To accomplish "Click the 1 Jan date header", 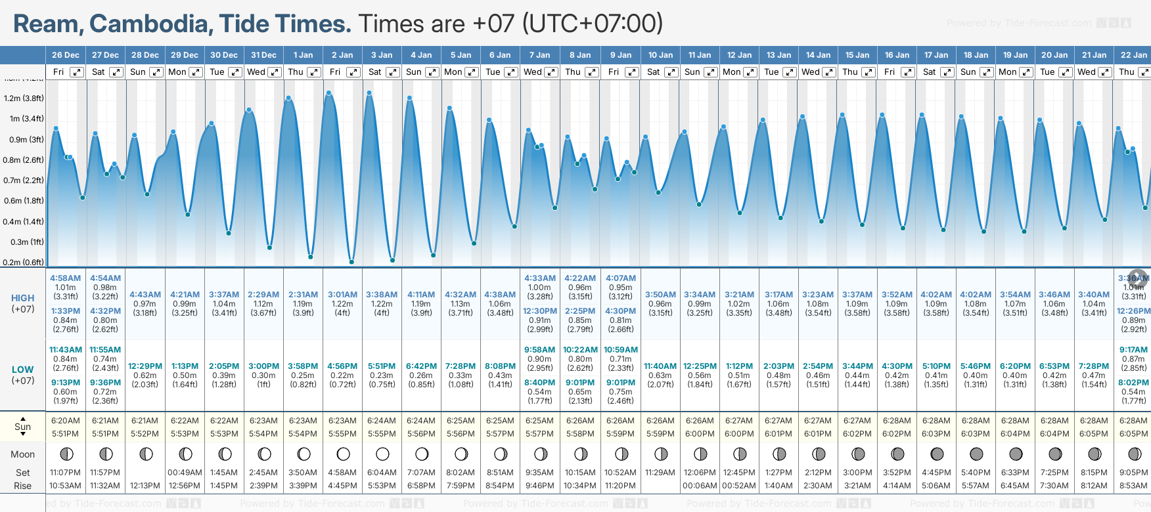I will (303, 55).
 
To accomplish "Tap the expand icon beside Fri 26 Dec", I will (77, 72).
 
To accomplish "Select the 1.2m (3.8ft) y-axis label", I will (24, 98).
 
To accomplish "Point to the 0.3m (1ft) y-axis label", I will (24, 242).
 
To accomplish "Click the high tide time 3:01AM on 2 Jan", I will (342, 295).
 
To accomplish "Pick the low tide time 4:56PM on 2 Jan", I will (342, 366).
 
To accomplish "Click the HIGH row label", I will (23, 298).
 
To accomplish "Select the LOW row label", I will (23, 370).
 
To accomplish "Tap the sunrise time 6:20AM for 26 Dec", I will (65, 421).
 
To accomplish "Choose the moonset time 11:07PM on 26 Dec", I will (65, 473).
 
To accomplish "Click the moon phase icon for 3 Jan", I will (382, 454).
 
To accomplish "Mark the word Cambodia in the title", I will (148, 24).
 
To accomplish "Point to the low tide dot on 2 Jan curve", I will (352, 262).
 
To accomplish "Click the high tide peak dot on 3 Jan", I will (370, 93).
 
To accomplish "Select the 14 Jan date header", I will (818, 55).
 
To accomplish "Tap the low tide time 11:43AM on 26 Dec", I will (66, 350).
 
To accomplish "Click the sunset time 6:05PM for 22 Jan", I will (1133, 434).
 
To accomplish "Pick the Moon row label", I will (23, 454).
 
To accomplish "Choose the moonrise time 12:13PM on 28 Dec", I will (145, 486).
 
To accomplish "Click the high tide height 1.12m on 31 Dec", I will (263, 304).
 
